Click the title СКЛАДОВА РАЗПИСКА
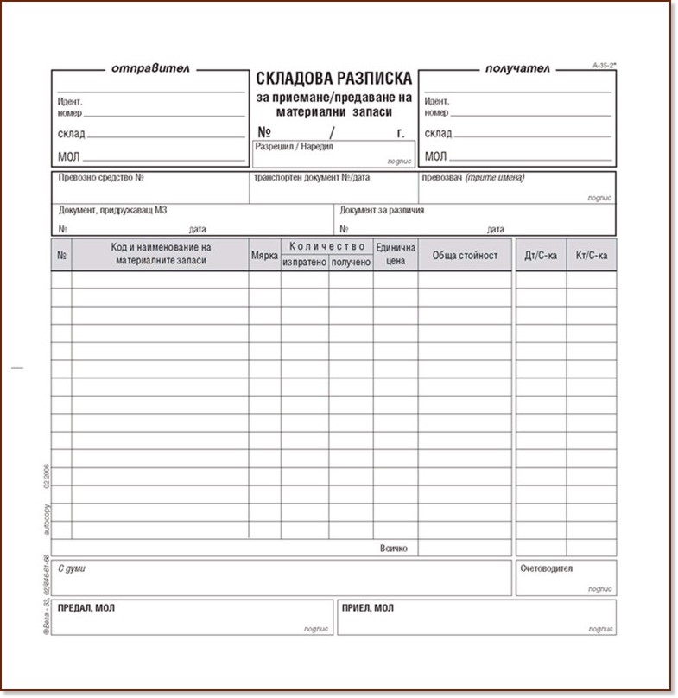333,79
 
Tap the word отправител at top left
150,67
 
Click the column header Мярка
264,256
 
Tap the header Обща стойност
465,256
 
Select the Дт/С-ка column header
541,256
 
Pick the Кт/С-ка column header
592,256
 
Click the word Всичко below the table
393,549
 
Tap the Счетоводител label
546,569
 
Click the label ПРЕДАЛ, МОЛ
86,608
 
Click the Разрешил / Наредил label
294,147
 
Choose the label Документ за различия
382,210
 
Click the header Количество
327,246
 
